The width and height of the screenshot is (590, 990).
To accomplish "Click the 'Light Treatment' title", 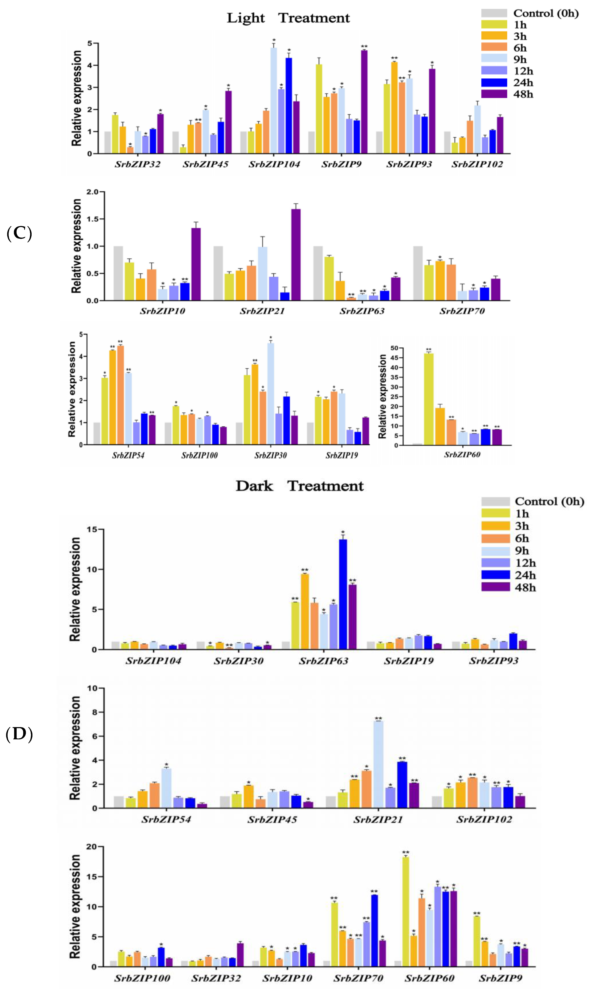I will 288,18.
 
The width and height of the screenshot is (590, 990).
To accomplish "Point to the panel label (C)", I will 19,233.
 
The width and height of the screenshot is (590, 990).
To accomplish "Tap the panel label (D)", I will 19,734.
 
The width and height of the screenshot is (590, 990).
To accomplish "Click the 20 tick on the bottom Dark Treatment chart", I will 91,847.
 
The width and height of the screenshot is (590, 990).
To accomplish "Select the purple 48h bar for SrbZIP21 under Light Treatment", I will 296,255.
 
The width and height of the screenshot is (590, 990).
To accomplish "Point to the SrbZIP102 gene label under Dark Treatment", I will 484,819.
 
